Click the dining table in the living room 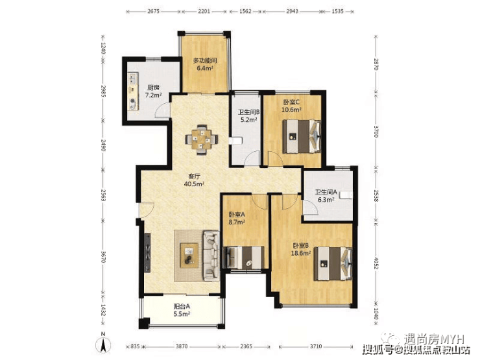202,139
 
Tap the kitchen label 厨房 152,88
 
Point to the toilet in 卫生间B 235,141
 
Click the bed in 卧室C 302,136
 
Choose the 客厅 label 194,176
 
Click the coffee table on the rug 189,256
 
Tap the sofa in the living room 211,256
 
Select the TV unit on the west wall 148,252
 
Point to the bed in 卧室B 333,264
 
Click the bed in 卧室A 244,258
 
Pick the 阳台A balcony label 182,306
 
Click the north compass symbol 104,344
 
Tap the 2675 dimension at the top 153,11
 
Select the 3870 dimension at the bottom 181,346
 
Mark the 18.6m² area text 301,253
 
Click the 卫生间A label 326,192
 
